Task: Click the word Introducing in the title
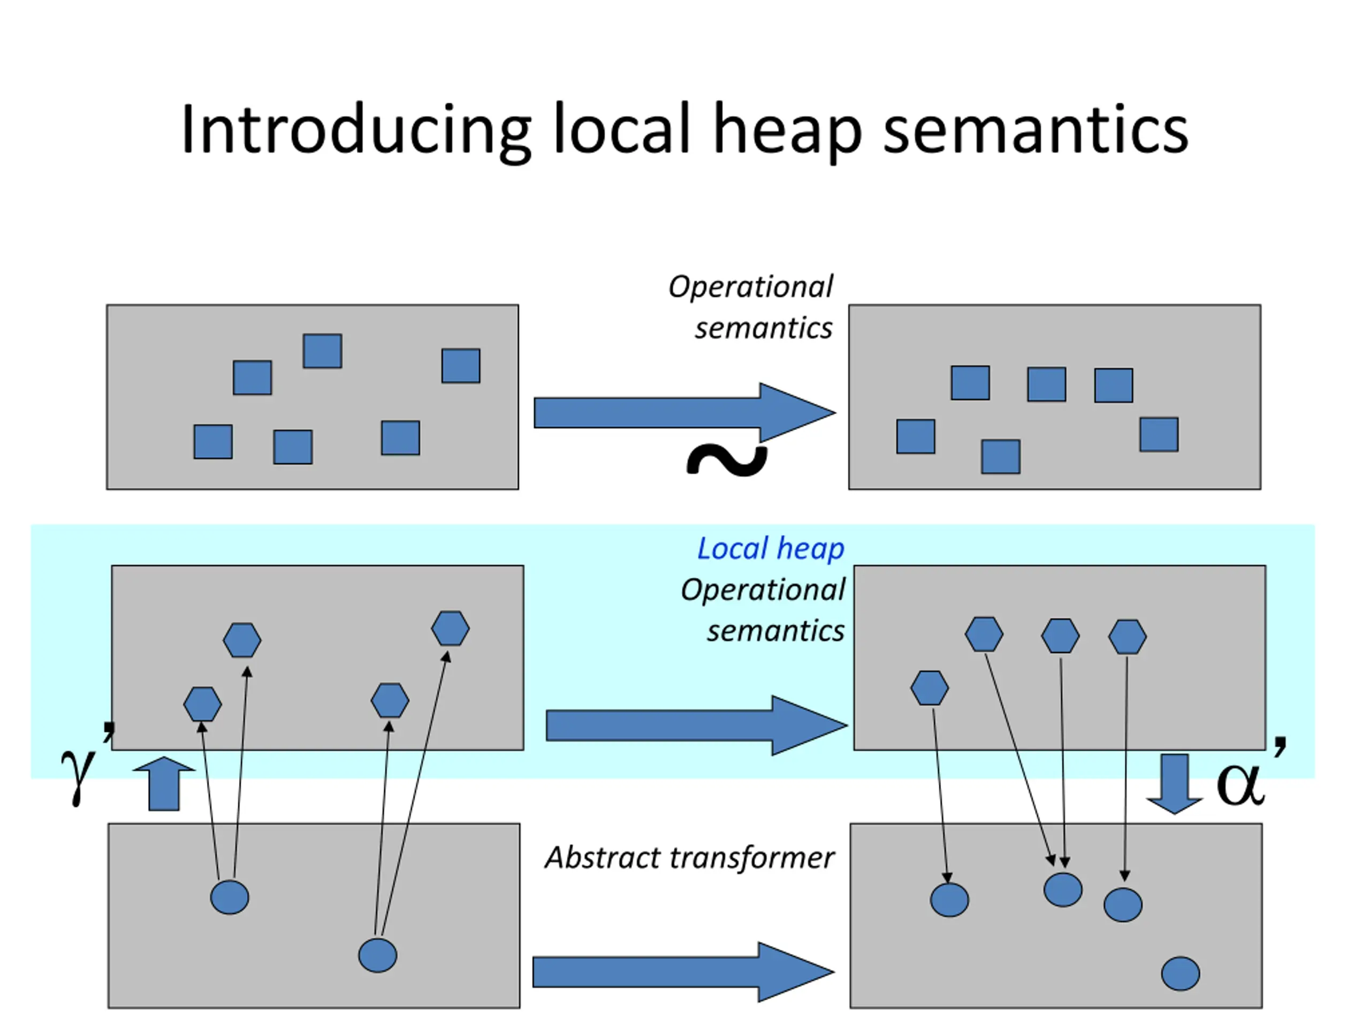[356, 130]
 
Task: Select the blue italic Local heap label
[771, 549]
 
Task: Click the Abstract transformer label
[689, 858]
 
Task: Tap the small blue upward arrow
[164, 784]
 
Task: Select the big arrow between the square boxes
[684, 413]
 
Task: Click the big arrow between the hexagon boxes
[697, 725]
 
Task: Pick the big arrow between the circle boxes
[684, 972]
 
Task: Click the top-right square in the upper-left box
[461, 366]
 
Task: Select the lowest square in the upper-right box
[1001, 457]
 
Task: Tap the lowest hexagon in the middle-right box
[930, 688]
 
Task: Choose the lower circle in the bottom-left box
[378, 955]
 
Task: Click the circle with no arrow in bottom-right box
[1181, 973]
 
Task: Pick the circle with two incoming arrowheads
[1063, 890]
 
